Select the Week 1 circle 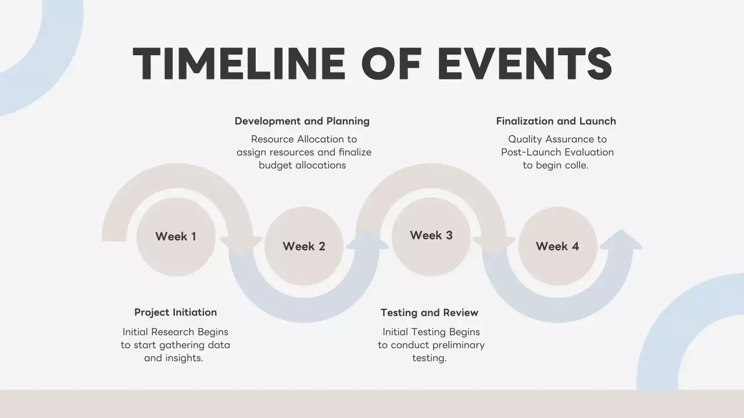point(176,236)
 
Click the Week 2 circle point(304,246)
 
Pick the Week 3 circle point(431,235)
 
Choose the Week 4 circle point(557,246)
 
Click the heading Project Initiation point(176,312)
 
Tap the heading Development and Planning point(302,121)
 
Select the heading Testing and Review point(430,312)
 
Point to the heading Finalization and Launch point(556,121)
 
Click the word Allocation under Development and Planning point(321,139)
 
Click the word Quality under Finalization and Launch point(528,139)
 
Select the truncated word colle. point(577,165)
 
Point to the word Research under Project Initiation point(173,332)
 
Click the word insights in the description point(184,358)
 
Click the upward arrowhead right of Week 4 point(621,239)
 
